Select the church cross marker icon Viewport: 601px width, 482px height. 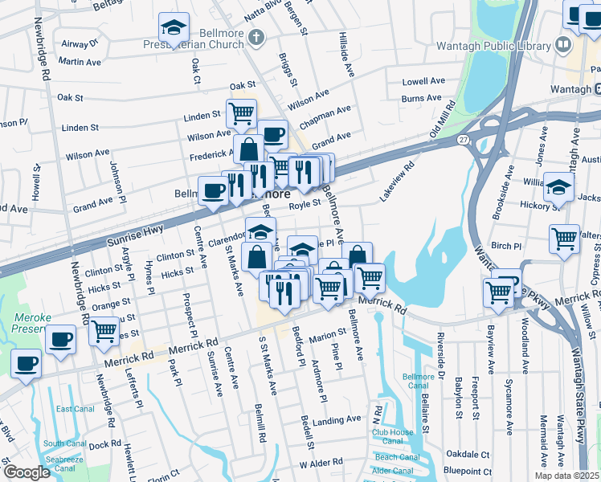click(256, 36)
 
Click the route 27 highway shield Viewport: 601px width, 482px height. click(463, 139)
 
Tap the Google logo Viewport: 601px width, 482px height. click(27, 472)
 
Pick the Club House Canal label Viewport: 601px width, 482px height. click(392, 436)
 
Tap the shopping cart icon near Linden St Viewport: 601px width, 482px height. click(241, 113)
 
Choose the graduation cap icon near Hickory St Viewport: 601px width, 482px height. click(558, 186)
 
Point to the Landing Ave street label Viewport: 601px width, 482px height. click(337, 420)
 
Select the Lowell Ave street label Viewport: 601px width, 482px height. click(423, 81)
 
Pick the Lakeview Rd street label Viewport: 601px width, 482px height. click(397, 181)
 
